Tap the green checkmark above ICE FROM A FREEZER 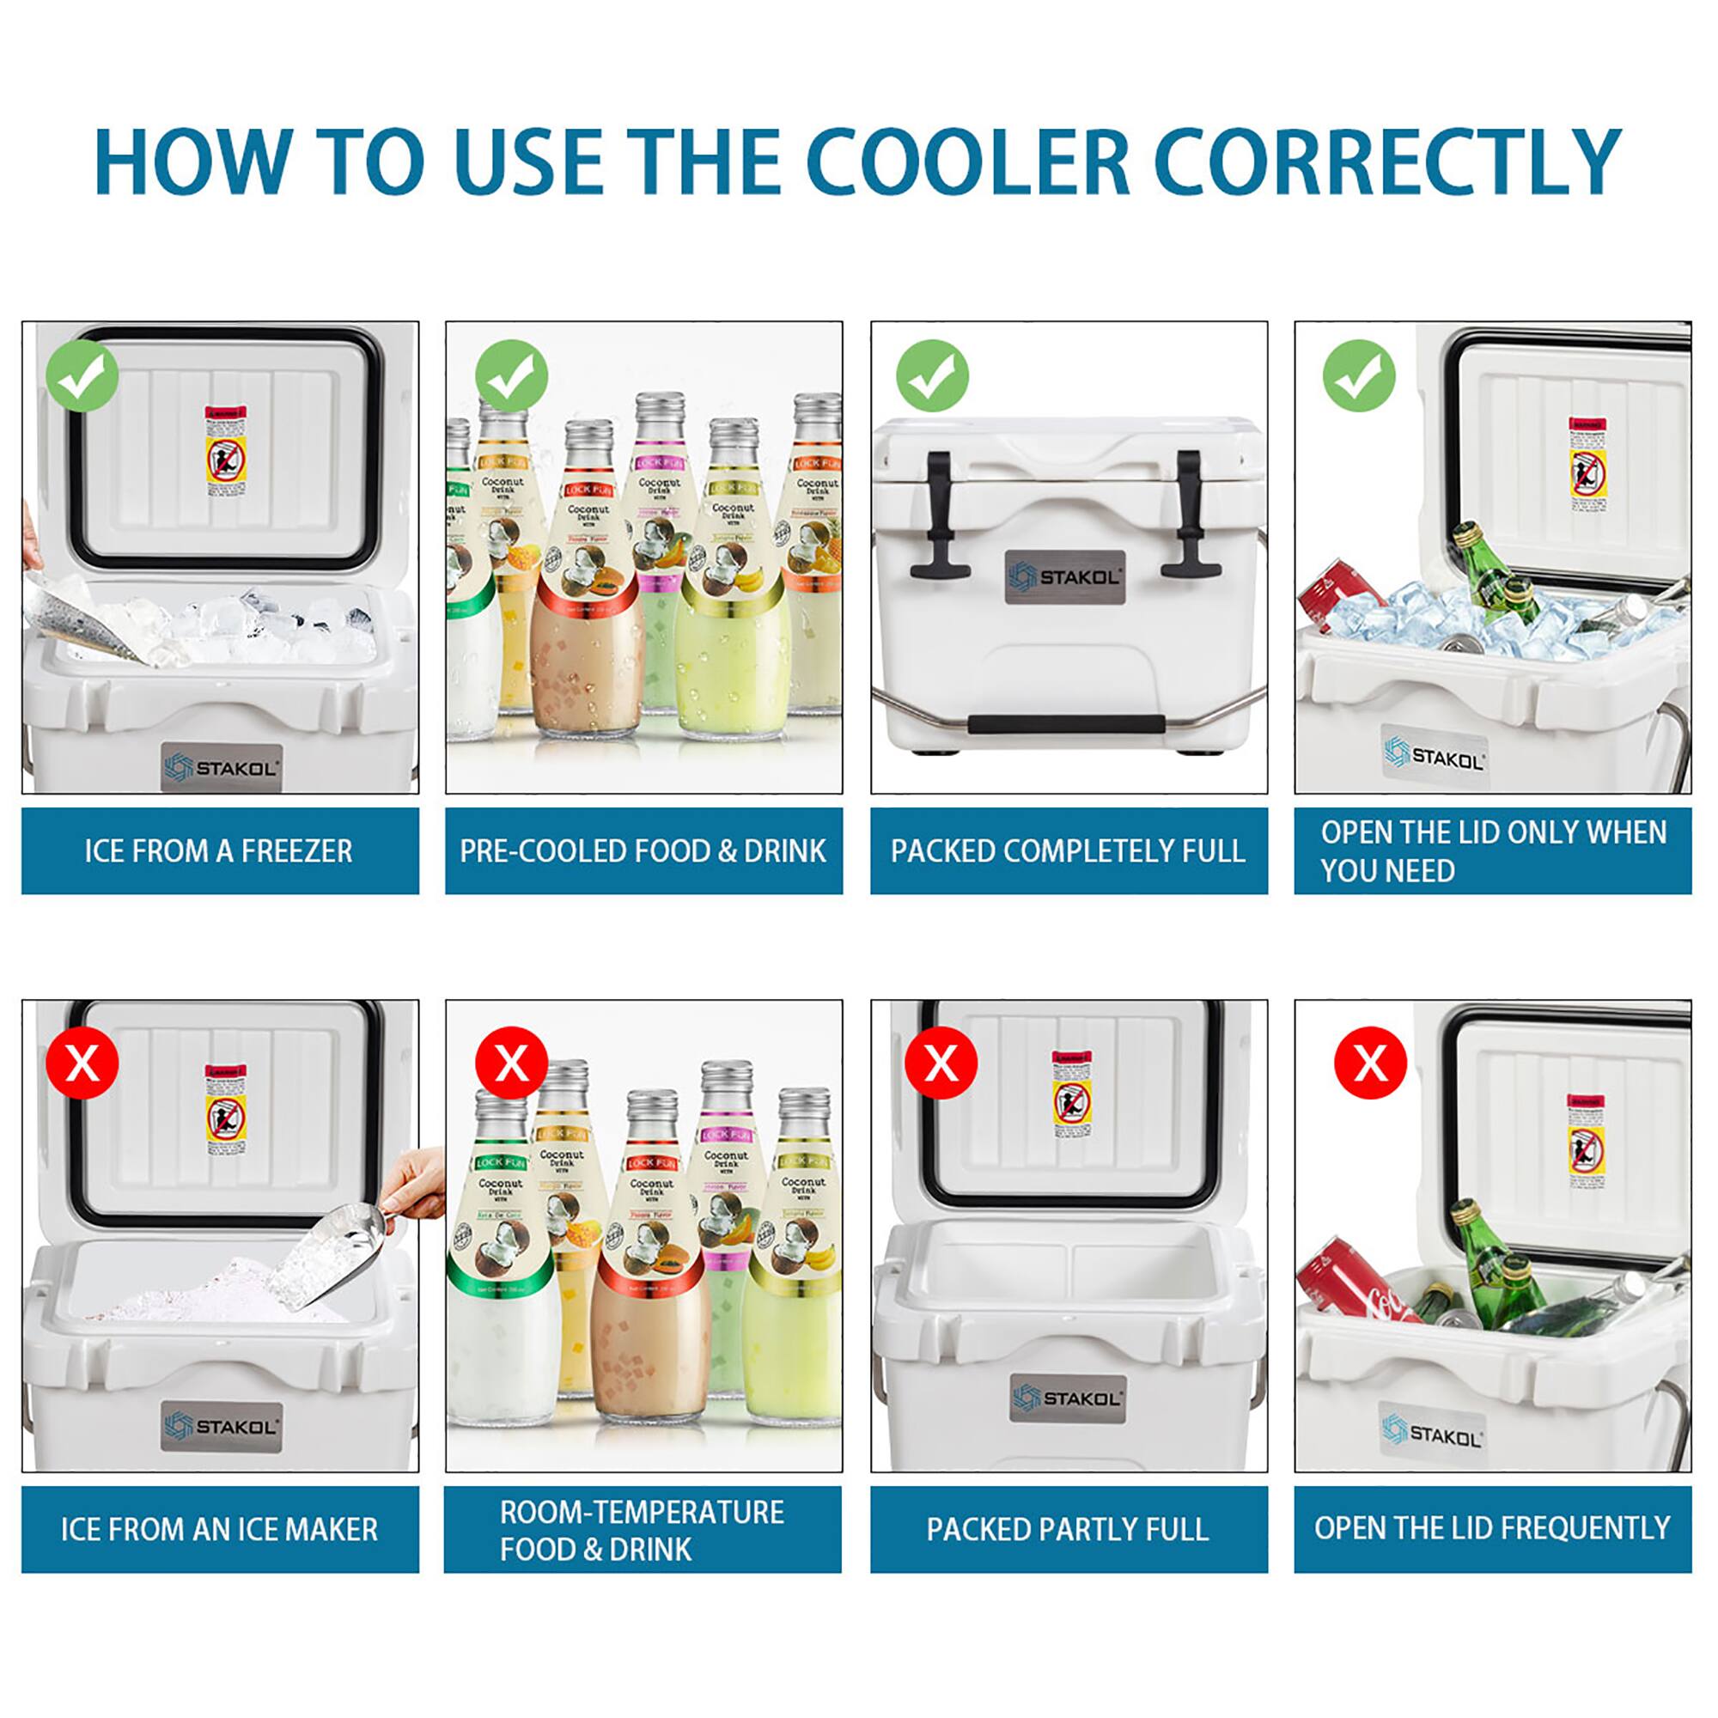point(82,375)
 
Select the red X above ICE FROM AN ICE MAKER point(82,1063)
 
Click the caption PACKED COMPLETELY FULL point(1068,851)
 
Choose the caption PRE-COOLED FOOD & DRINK point(643,851)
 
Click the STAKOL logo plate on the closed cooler point(1065,578)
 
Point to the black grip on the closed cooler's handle point(1063,723)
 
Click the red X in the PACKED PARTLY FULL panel point(941,1063)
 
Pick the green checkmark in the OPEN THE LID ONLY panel point(1359,375)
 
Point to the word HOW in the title point(192,161)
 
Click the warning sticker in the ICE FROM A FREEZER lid point(226,452)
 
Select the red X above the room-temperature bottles point(511,1063)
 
